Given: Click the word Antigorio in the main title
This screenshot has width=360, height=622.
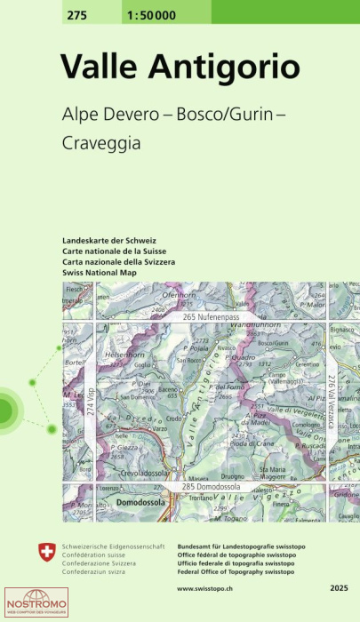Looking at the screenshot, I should (223, 67).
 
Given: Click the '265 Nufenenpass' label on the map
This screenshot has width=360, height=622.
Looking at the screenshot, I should (213, 317).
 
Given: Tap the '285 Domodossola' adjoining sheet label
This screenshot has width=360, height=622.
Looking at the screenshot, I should (213, 487).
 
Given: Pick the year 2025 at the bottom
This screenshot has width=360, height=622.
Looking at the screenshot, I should (339, 589).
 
